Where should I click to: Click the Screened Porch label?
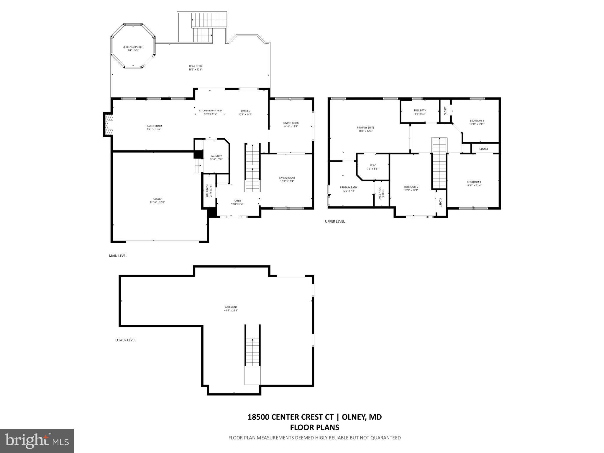tap(133, 47)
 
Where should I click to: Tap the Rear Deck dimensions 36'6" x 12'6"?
tap(195, 70)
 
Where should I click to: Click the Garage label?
tap(157, 199)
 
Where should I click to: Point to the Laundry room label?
tap(216, 156)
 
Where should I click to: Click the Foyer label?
tap(237, 201)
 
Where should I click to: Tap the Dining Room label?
tap(291, 123)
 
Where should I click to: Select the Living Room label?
tap(287, 178)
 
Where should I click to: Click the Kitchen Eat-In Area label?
tap(211, 111)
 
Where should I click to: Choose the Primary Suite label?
tap(365, 128)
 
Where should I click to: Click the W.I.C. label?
tap(373, 165)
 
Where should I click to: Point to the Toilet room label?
tap(383, 193)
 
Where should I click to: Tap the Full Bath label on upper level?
tap(420, 110)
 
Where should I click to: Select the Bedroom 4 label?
tap(477, 121)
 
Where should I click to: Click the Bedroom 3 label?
tap(474, 182)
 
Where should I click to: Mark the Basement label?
tap(231, 307)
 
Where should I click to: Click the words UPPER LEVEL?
tap(335, 221)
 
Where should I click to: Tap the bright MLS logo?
tap(37, 441)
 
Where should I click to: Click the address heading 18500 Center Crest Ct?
tap(290, 417)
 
